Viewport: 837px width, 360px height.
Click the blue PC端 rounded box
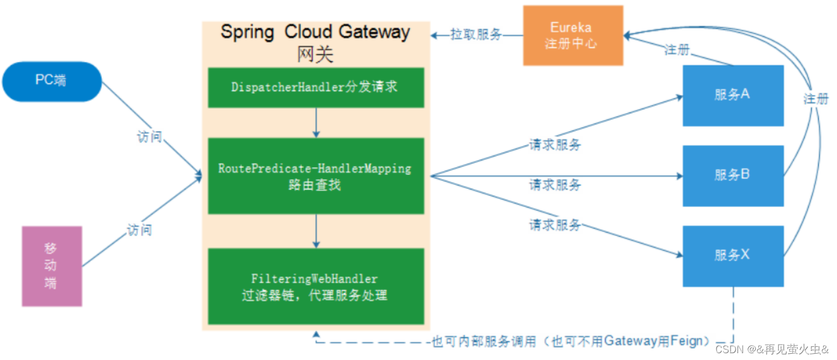52,81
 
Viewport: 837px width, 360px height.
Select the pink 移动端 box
52,266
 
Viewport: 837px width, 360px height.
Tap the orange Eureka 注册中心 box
573,35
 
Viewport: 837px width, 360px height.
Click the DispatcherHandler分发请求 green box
316,87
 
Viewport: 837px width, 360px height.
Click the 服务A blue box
732,95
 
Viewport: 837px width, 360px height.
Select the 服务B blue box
732,175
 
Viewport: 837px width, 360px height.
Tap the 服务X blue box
732,255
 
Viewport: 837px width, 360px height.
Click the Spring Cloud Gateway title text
316,31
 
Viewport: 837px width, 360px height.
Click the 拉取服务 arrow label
476,35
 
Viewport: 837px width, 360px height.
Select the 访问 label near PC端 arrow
150,137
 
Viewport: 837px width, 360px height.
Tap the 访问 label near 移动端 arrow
140,230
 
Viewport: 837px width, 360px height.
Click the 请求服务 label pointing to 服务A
555,145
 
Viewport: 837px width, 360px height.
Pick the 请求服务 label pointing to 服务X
555,225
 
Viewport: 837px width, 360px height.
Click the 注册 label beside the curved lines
816,99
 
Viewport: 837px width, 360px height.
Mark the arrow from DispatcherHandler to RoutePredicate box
316,122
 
